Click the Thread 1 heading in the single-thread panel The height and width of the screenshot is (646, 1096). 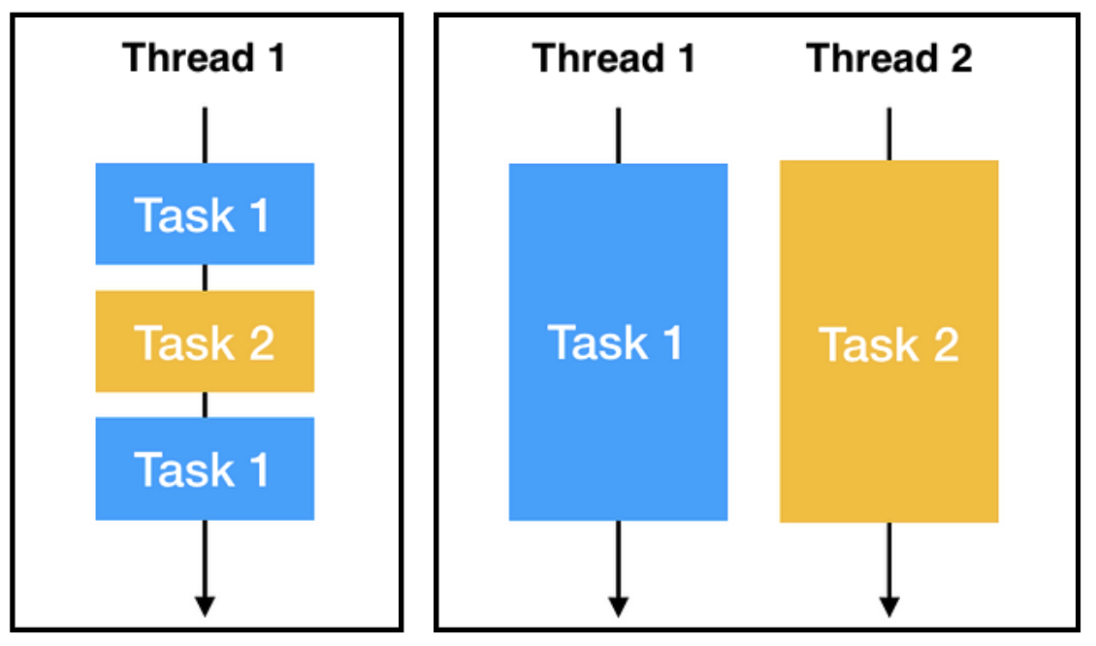pos(205,58)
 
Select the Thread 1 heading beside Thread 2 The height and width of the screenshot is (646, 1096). pos(615,58)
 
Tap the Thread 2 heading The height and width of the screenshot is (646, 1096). pos(889,58)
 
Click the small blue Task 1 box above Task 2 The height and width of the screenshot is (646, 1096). pos(205,213)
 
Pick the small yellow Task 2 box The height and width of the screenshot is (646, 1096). pos(205,341)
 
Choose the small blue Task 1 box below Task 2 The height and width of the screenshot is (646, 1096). pos(205,468)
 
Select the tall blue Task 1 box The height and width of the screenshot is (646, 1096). pos(618,341)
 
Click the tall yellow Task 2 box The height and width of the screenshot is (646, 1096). pos(889,341)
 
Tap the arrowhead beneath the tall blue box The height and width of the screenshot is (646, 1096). pos(618,605)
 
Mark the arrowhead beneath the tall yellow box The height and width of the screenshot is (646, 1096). pos(889,605)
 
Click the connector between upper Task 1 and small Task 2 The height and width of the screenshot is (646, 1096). pos(205,277)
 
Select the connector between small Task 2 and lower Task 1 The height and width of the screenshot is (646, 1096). pos(205,404)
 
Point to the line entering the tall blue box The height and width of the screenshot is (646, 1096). pos(618,136)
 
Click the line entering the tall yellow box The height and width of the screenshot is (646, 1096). pos(889,134)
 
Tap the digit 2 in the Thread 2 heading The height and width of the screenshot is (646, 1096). pos(959,58)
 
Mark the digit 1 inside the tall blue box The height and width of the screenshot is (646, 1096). pos(670,342)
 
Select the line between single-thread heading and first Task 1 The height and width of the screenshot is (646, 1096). pos(205,136)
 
